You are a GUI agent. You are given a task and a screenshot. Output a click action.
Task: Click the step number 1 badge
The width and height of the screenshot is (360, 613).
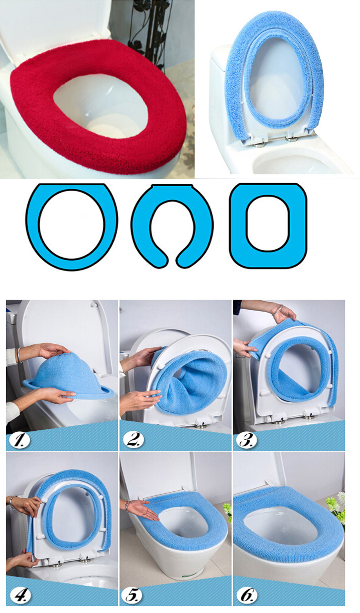(x=19, y=440)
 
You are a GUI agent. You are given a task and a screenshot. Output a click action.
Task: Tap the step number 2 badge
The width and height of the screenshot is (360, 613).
(x=133, y=440)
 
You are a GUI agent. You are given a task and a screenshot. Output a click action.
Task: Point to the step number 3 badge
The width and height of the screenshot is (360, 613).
(x=247, y=440)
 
